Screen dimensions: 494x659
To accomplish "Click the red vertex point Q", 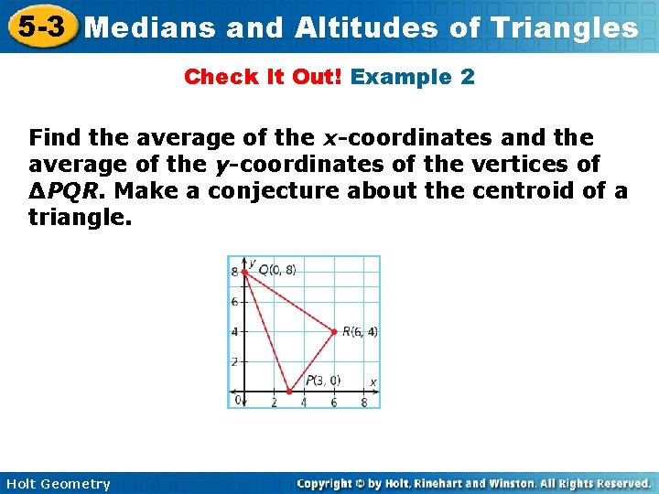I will pyautogui.click(x=244, y=272).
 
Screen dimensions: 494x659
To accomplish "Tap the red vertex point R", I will pyautogui.click(x=334, y=331).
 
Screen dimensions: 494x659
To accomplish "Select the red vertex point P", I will pyautogui.click(x=289, y=391).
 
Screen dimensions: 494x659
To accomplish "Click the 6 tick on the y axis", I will pyautogui.click(x=234, y=301).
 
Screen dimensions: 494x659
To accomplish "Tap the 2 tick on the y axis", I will pyautogui.click(x=234, y=361).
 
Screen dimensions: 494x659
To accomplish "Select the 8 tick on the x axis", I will pyautogui.click(x=363, y=403).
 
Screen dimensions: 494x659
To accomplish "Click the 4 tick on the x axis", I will pyautogui.click(x=304, y=403).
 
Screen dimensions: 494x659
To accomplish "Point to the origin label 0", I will pyautogui.click(x=237, y=400).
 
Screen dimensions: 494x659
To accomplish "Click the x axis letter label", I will pyautogui.click(x=373, y=381).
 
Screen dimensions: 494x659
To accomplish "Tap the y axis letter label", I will pyautogui.click(x=252, y=263).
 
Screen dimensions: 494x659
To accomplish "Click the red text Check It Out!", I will pyautogui.click(x=263, y=77).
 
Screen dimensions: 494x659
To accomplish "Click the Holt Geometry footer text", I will pyautogui.click(x=56, y=484).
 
